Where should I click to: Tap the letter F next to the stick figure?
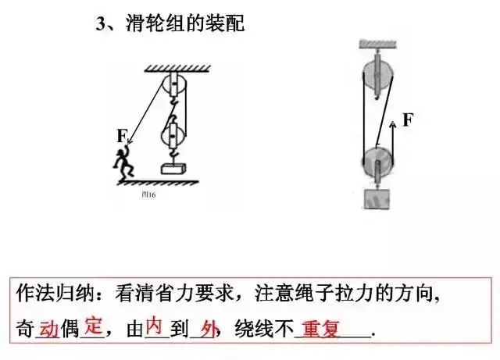(x=122, y=136)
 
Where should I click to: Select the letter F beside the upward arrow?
(x=408, y=120)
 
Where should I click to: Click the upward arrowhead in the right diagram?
(x=393, y=124)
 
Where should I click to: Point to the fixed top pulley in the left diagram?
(x=174, y=84)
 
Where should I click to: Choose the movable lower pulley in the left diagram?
(x=173, y=136)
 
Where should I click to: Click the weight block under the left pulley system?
(x=173, y=169)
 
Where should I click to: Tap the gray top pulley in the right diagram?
(x=377, y=75)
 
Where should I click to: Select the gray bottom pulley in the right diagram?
(x=377, y=162)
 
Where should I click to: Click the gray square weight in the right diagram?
(x=377, y=199)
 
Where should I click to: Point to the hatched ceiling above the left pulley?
(x=177, y=68)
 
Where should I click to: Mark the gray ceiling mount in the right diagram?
(x=378, y=45)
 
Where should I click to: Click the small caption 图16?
(x=148, y=194)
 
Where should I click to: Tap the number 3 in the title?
(x=101, y=23)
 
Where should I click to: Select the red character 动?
(x=48, y=329)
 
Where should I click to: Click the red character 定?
(x=94, y=325)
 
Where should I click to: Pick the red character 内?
(x=154, y=325)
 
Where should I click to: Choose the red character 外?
(x=210, y=330)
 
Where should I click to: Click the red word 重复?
(x=320, y=330)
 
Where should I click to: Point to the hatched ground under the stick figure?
(x=159, y=183)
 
